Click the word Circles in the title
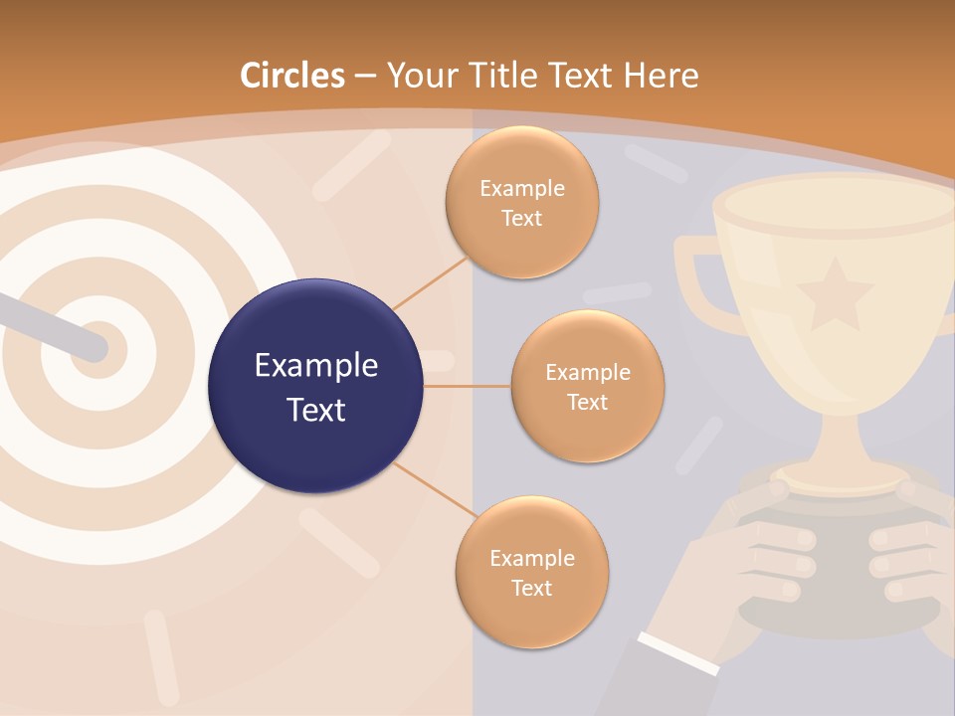point(292,76)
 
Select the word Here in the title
point(661,76)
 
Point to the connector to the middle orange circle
point(467,386)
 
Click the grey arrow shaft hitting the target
point(50,323)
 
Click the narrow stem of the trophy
point(834,438)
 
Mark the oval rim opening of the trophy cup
point(834,204)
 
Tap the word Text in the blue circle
point(315,409)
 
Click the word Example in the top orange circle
point(521,189)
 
